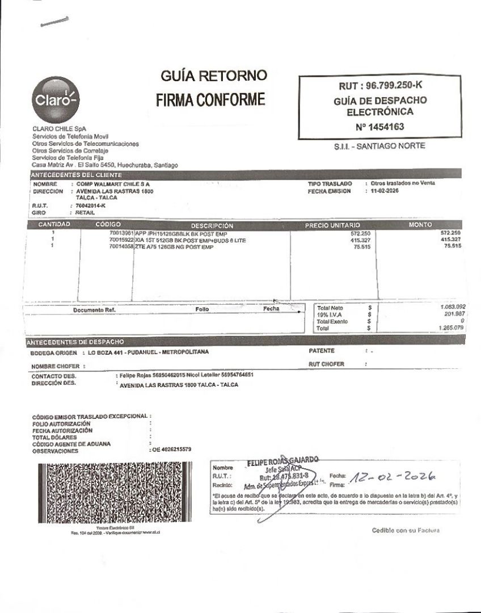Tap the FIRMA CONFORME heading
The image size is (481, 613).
click(x=211, y=100)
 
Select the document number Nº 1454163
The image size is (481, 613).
click(x=379, y=127)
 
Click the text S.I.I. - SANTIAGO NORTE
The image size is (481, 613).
click(x=379, y=146)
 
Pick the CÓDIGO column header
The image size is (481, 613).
click(x=108, y=225)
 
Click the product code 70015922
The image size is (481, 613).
click(x=121, y=240)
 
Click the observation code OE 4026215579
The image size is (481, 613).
click(x=172, y=450)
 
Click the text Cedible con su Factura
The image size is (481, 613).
click(x=406, y=530)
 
